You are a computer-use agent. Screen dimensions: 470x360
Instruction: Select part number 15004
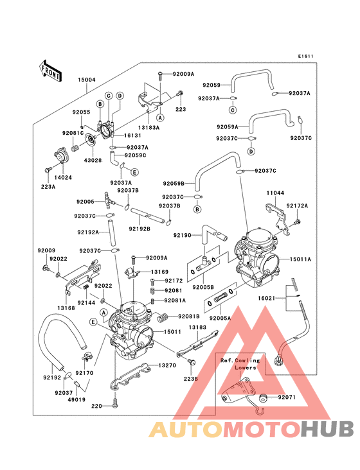click(x=87, y=80)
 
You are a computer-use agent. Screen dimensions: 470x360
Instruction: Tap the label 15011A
click(x=300, y=259)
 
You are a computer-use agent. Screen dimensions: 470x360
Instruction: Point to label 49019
click(x=76, y=399)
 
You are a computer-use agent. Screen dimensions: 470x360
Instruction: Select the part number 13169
click(x=160, y=272)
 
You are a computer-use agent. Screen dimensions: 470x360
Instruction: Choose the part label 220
click(x=96, y=406)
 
